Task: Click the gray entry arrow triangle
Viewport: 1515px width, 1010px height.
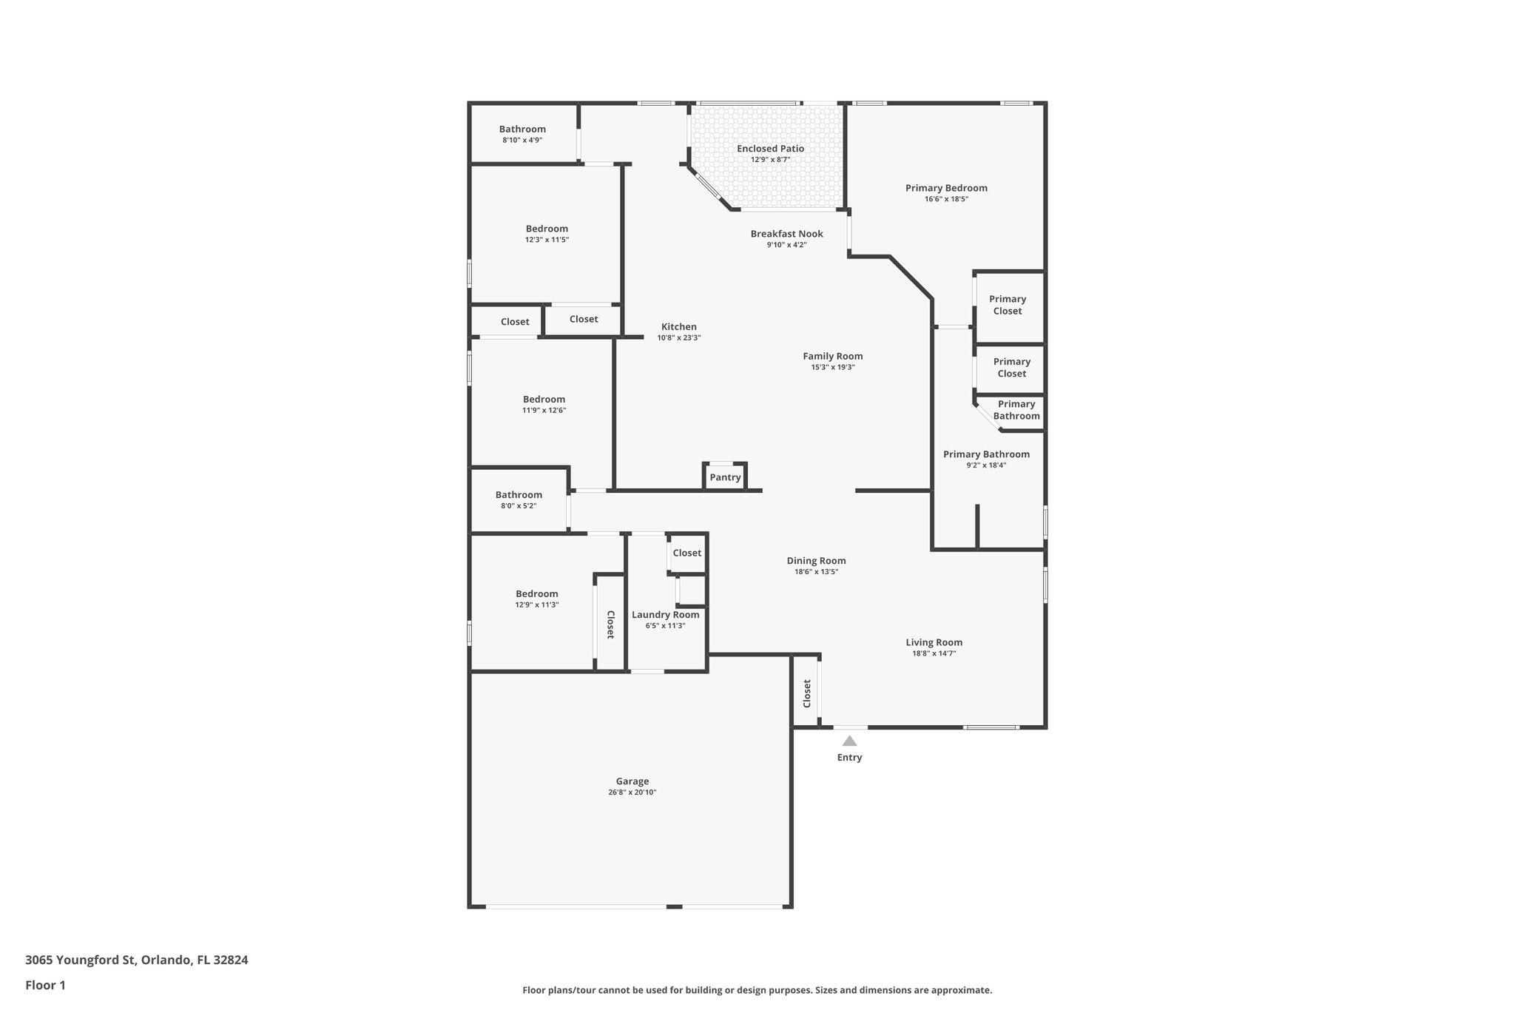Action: coord(849,741)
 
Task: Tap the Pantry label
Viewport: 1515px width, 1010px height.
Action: coord(725,477)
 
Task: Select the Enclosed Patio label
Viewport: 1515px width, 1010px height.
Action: coord(770,149)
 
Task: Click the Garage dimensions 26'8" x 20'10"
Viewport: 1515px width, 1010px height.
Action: coord(632,792)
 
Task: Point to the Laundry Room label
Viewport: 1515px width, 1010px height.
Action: coord(665,615)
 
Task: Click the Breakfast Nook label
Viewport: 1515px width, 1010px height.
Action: coord(786,234)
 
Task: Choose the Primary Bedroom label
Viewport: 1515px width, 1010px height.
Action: coord(946,188)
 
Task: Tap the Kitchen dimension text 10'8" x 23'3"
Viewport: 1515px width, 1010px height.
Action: coord(678,338)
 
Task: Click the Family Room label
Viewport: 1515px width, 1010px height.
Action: coord(832,356)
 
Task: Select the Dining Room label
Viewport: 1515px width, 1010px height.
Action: coord(816,561)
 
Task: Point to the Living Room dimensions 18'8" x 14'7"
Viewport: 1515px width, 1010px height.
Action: coord(934,653)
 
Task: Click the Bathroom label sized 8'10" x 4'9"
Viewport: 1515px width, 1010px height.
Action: coord(522,129)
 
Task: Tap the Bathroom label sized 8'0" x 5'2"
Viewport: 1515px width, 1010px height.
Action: coord(519,495)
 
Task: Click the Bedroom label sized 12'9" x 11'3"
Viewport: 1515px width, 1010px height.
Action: coord(536,594)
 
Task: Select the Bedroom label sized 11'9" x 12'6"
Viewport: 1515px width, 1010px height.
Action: coord(544,400)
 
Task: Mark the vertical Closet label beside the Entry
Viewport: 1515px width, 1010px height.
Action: coord(807,693)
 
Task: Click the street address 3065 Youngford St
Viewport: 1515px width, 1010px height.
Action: coord(81,960)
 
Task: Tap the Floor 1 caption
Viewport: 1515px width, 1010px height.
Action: coord(45,985)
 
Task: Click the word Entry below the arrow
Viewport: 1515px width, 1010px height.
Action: coord(849,758)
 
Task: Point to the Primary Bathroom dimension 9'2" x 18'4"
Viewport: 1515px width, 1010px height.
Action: coord(986,465)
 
